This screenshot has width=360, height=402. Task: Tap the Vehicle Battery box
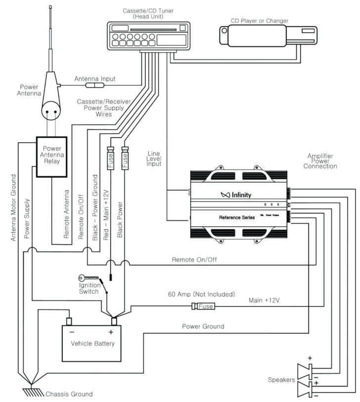[x=92, y=343]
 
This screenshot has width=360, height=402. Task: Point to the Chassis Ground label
[x=69, y=394]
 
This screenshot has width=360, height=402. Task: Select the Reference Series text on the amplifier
[x=237, y=217]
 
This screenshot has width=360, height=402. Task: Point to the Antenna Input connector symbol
[x=91, y=86]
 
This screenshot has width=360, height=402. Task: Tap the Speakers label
[x=282, y=380]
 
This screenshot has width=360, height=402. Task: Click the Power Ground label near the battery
[x=203, y=326]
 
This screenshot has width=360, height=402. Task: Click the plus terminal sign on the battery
[x=111, y=332]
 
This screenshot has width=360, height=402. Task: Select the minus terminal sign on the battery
[x=72, y=332]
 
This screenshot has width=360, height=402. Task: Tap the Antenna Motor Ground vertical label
[x=13, y=208]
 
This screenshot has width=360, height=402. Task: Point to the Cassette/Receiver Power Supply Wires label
[x=104, y=107]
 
